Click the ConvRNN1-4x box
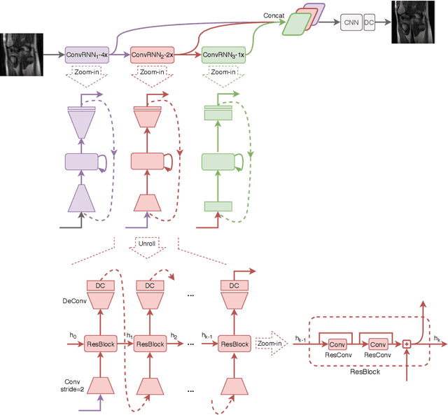coord(87,53)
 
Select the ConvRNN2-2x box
coord(153,53)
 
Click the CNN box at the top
coord(351,24)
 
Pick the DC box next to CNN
coord(369,24)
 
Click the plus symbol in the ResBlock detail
coord(405,344)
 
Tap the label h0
coord(72,337)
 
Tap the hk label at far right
coord(437,338)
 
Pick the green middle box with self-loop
coord(218,162)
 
